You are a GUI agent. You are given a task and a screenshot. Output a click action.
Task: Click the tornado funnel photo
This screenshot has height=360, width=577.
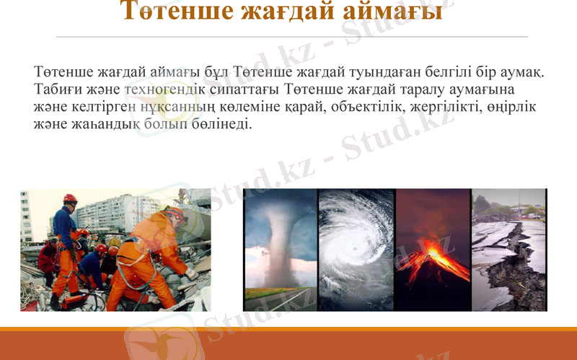[280, 249]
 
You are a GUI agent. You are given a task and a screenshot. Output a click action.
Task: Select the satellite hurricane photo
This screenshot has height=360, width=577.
[356, 249]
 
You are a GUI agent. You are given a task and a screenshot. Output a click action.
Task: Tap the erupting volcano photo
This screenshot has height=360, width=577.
[433, 249]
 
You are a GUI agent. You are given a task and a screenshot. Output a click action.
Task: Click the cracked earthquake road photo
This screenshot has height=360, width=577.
[509, 249]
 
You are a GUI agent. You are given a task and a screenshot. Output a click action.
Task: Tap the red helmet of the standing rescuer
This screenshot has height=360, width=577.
[70, 198]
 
